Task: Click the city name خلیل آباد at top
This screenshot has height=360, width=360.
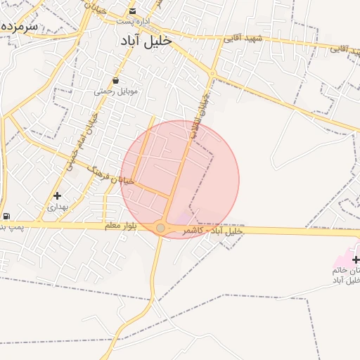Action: point(146,41)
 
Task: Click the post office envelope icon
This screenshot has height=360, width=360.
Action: point(133,11)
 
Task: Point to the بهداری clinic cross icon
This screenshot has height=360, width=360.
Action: point(57,195)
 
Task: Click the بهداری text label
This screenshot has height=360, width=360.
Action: point(57,207)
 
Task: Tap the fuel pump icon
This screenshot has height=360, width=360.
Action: point(6,216)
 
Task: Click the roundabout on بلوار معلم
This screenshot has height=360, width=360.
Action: point(160,229)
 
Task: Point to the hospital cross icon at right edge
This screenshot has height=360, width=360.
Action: point(356,260)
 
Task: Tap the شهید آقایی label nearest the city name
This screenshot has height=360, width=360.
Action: point(242,39)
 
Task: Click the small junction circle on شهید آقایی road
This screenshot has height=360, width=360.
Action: point(212,73)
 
